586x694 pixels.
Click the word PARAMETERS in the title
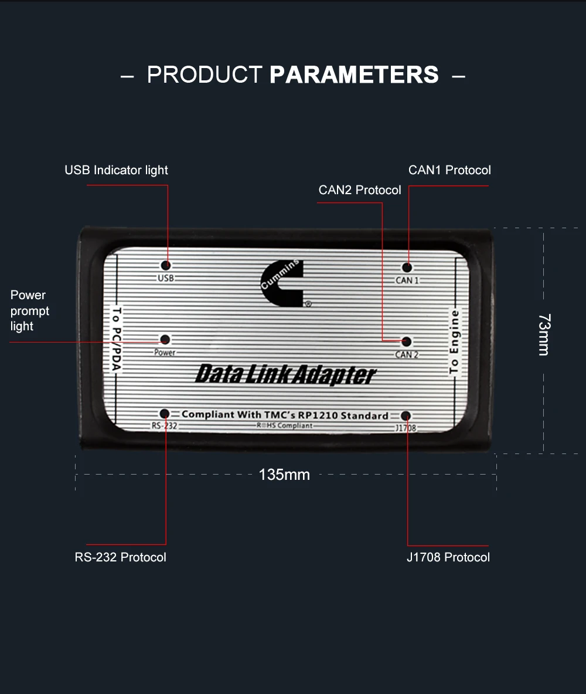pos(354,75)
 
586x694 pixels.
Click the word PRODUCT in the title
pos(205,75)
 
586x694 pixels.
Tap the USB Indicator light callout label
pos(116,170)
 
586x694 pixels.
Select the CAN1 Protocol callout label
pos(449,170)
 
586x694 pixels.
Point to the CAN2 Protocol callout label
pos(360,190)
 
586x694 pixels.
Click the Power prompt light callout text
pos(30,311)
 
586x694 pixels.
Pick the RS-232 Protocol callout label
pos(120,557)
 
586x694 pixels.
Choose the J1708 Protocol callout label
pos(448,557)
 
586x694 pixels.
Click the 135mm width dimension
pos(284,475)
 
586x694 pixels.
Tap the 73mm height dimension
pos(544,334)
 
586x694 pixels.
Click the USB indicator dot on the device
pos(166,265)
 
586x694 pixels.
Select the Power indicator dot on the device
pos(165,340)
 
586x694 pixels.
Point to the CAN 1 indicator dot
pos(407,268)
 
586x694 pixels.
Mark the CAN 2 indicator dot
pos(407,341)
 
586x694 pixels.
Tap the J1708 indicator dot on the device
pos(406,416)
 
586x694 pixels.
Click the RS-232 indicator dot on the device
pos(165,414)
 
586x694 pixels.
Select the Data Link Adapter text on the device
pos(286,374)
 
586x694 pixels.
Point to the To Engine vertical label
pos(454,341)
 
